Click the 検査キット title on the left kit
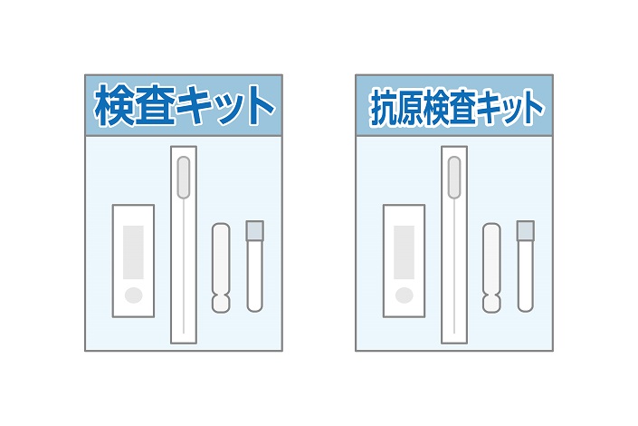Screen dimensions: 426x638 [183, 106]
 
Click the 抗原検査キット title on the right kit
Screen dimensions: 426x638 [454, 107]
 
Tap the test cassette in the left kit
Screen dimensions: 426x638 [133, 261]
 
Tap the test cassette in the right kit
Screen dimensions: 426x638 [404, 261]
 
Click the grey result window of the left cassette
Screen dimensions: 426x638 [133, 250]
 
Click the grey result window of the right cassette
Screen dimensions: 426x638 [404, 250]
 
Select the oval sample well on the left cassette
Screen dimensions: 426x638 [133, 295]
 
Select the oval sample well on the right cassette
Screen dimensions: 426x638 [404, 295]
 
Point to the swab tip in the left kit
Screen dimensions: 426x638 [184, 178]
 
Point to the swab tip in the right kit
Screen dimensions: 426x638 [454, 178]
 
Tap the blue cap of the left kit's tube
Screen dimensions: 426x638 [254, 230]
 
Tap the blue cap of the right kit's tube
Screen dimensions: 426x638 [525, 230]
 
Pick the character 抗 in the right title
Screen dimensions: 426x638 [385, 108]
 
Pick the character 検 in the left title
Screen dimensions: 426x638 [115, 106]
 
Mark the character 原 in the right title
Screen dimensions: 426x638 [414, 108]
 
